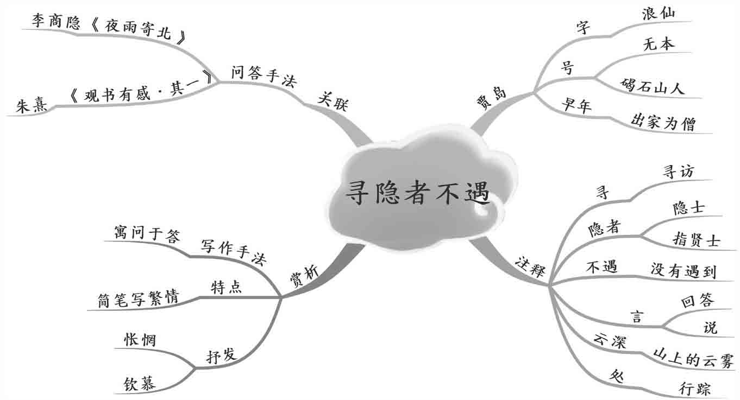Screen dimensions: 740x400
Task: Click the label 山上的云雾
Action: click(693, 359)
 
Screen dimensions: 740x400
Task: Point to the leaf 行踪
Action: click(694, 388)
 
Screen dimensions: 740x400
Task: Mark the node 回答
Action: click(697, 301)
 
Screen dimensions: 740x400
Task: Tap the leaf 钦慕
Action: click(140, 383)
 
